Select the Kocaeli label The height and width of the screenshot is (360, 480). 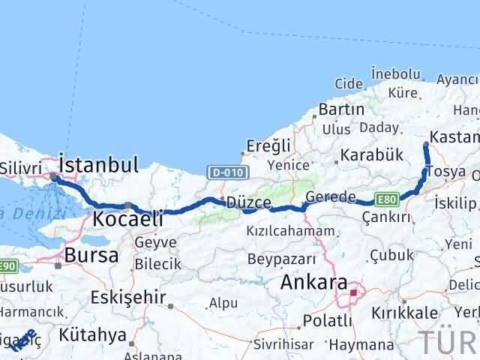pos(129,220)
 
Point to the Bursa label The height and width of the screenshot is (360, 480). pos(91,255)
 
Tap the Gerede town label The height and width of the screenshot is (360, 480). pos(331,197)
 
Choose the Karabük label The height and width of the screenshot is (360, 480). pos(372,156)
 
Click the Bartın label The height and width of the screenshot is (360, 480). pos(341,109)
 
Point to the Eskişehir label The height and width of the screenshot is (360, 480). pos(127,297)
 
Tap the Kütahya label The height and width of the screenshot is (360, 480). pos(94,335)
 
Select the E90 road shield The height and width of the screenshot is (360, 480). pos(8,265)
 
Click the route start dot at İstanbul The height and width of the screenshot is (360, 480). pos(52,178)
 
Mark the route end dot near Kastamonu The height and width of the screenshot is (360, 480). pos(426,144)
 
